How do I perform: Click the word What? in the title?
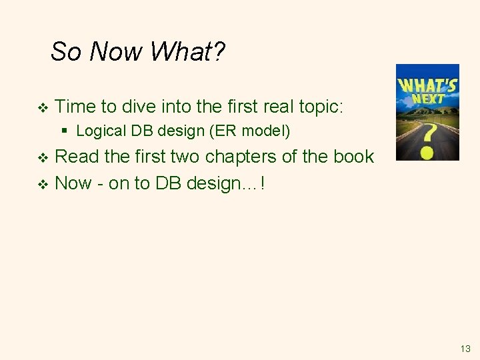[188, 51]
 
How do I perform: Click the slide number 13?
[465, 349]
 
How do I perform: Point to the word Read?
[77, 157]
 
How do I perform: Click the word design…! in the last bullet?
[226, 183]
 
